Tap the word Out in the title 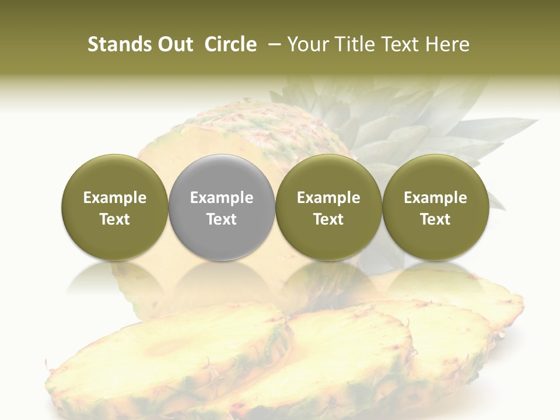(175, 44)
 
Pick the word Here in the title (446, 44)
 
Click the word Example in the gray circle (222, 198)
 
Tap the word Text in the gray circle (222, 219)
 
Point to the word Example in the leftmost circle (115, 198)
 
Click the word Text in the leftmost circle (115, 219)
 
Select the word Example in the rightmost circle (435, 198)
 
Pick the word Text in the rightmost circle (435, 219)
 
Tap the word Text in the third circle (328, 219)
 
